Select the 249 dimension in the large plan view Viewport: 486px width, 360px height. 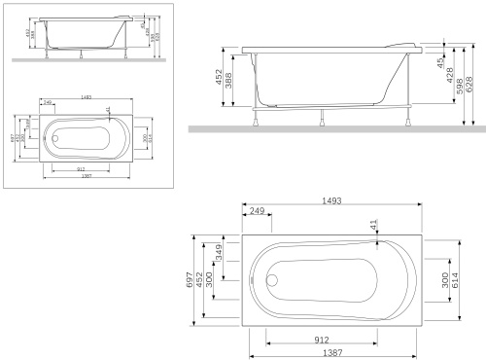(257, 212)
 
